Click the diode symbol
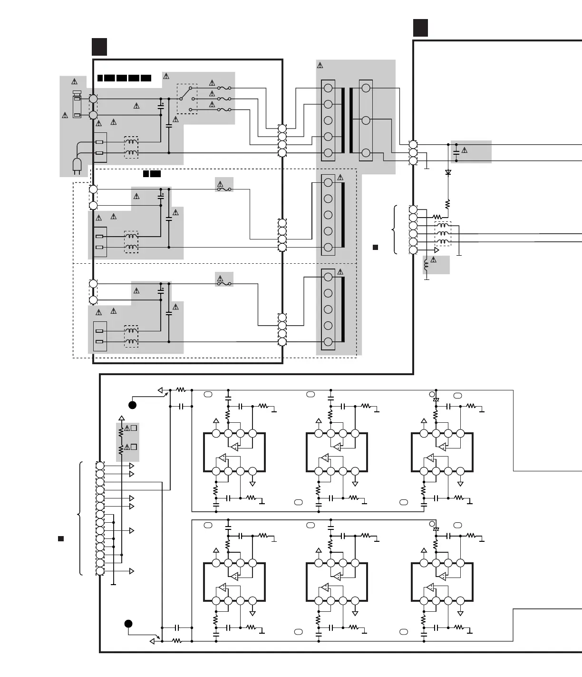click(448, 172)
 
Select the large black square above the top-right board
click(420, 28)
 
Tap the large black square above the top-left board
click(99, 47)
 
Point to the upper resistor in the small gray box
click(121, 431)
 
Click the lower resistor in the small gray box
click(121, 449)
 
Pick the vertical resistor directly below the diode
click(448, 205)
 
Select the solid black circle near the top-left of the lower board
click(133, 405)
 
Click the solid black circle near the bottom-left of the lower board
click(128, 624)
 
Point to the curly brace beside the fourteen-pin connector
click(80, 518)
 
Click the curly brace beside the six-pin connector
click(394, 229)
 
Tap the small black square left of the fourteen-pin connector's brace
click(61, 538)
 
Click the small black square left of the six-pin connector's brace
click(375, 247)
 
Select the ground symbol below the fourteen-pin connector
click(113, 583)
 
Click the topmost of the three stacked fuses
click(224, 88)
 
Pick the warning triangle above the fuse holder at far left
click(74, 82)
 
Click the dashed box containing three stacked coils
click(443, 233)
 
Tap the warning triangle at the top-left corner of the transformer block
click(320, 65)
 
